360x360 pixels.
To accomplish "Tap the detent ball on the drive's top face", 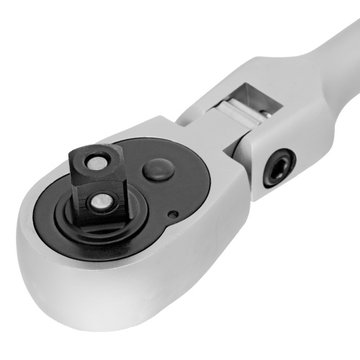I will [94, 163].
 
